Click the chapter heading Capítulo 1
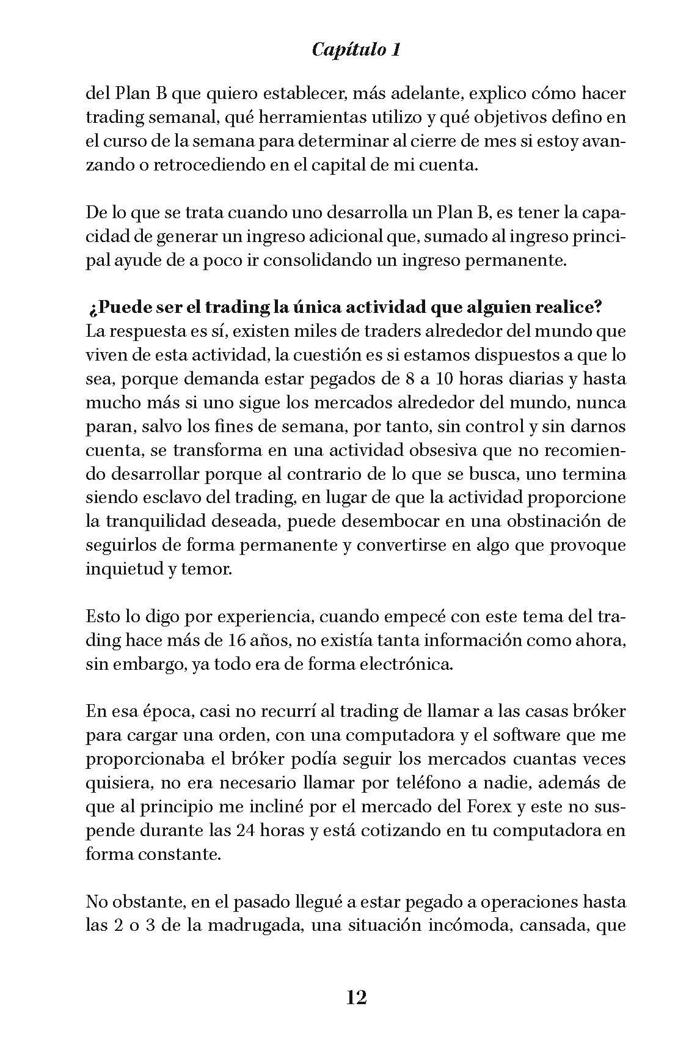click(x=356, y=50)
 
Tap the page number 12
click(x=357, y=997)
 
